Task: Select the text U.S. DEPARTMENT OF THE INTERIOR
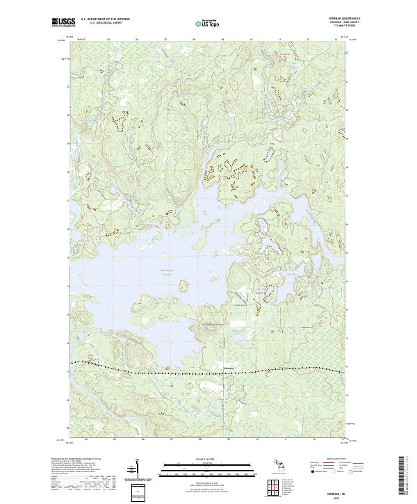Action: [104, 19]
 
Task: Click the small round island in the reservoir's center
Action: [184, 286]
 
